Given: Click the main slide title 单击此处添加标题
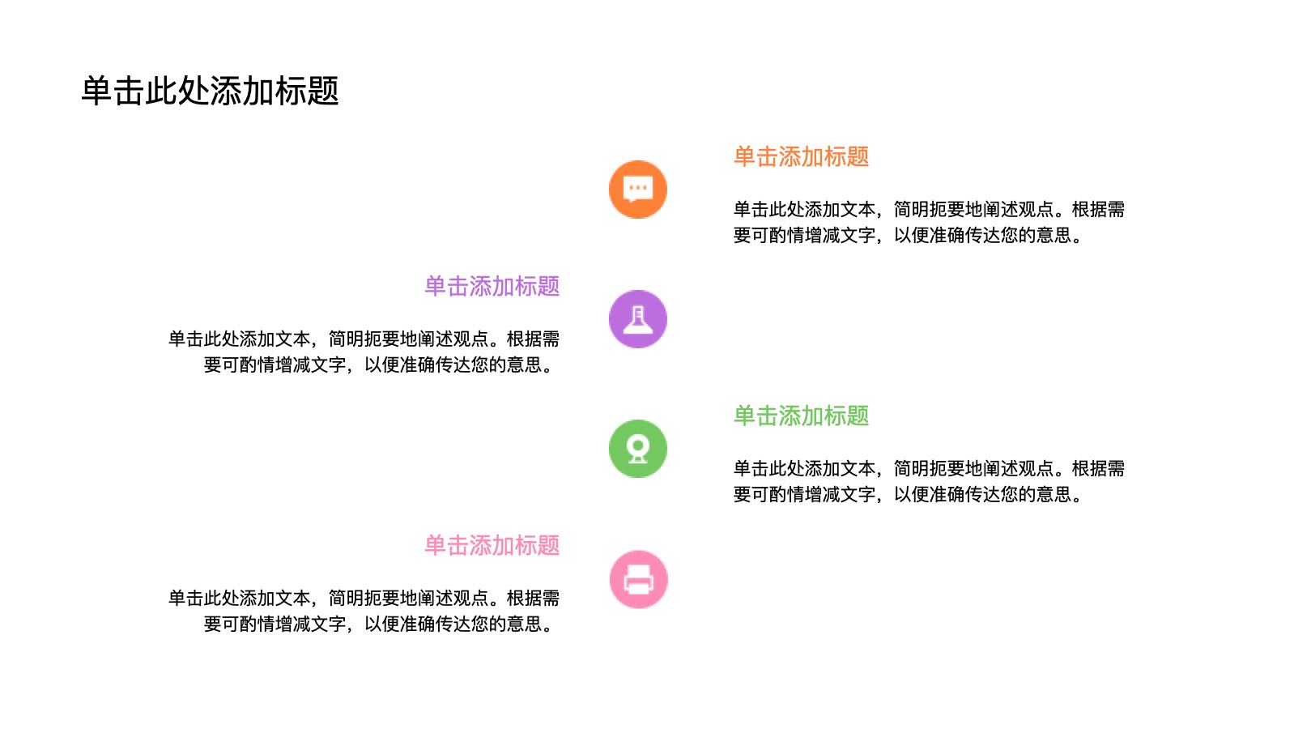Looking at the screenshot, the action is coord(210,91).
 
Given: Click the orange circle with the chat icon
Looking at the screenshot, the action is coord(638,190).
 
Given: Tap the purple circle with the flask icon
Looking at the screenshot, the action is coord(638,319).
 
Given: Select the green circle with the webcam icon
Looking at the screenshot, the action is coord(638,449).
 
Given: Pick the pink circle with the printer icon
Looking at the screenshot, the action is coord(638,579).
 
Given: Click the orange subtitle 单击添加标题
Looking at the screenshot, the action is coord(801,156).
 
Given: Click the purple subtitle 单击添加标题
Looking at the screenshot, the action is coord(492,286).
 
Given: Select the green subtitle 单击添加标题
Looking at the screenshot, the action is coord(801,416).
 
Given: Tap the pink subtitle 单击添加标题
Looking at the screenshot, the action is coord(492,545).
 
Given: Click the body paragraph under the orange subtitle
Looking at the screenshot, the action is coord(929,223).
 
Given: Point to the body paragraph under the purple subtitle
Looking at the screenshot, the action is coord(364,352).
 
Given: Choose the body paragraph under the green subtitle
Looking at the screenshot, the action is coord(929,481).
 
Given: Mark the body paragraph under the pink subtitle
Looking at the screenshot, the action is coord(364,611).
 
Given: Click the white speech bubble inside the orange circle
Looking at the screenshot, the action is coord(638,189).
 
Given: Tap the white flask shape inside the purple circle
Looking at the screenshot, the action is coord(638,319).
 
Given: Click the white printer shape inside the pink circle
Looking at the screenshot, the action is coord(638,579).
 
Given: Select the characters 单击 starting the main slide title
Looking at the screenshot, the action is coord(113,91).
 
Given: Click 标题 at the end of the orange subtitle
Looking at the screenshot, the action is coord(847,156).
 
